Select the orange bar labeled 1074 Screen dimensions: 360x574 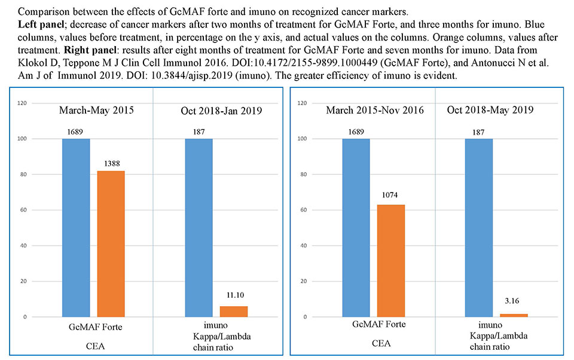point(391,260)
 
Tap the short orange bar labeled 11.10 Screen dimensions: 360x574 point(234,311)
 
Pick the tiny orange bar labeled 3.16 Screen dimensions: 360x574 point(514,315)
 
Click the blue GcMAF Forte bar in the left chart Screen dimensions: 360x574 point(76,227)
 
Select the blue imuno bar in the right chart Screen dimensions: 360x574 point(478,227)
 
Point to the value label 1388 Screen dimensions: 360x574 point(111,163)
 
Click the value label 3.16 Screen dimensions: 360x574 point(514,304)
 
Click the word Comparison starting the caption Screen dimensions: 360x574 point(29,10)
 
